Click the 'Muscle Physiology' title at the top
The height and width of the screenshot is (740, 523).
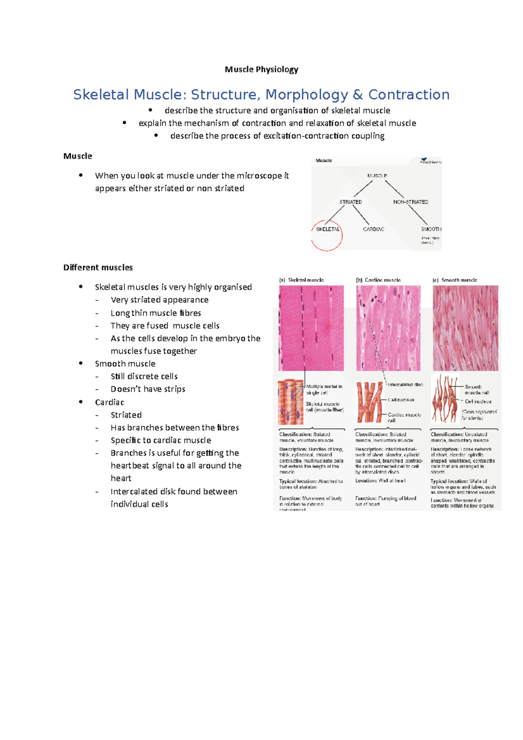(261, 69)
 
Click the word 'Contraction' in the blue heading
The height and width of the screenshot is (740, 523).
(408, 95)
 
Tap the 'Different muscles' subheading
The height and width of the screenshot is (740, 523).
(98, 267)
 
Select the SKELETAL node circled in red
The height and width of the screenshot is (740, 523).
(327, 229)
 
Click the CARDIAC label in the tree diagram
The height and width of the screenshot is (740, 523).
(374, 229)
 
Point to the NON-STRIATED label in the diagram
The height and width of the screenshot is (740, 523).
(411, 202)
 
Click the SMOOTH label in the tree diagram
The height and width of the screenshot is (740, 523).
(431, 229)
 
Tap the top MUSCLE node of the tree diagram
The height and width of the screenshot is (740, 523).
(377, 176)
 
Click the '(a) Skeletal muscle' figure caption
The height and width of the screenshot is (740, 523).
(302, 280)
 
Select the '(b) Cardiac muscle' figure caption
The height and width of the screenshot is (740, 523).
(378, 280)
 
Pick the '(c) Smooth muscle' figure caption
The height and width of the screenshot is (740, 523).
(455, 280)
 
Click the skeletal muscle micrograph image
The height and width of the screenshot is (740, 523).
(311, 328)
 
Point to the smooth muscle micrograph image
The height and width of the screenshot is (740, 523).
(465, 328)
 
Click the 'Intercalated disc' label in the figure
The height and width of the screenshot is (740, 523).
(405, 385)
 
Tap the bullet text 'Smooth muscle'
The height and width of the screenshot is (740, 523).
(125, 363)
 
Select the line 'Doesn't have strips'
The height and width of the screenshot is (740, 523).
(148, 389)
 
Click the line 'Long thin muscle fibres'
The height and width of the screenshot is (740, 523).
(156, 313)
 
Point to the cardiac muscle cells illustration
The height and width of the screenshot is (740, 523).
(369, 402)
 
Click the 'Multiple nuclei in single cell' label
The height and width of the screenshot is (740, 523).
(323, 389)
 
